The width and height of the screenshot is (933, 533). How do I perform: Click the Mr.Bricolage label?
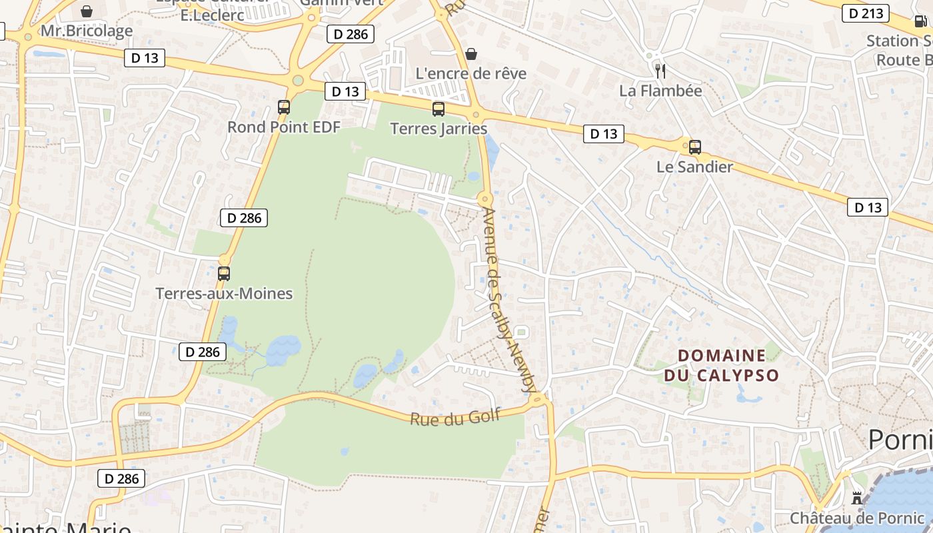coord(87,31)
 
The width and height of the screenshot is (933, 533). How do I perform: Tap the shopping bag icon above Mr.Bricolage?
coord(87,11)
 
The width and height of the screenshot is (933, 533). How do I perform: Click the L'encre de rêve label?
coord(470,73)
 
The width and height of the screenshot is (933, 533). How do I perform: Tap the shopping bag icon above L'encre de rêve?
coord(471,53)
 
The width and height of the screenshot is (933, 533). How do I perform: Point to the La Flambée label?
coord(660,91)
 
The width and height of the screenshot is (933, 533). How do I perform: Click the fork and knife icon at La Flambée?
coord(660,71)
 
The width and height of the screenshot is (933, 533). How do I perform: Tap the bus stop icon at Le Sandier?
coord(695,147)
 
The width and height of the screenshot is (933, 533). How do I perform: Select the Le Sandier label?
coord(694,167)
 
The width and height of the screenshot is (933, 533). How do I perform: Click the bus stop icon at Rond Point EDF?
coord(284,107)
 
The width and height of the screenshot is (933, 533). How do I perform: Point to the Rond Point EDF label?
coord(284,127)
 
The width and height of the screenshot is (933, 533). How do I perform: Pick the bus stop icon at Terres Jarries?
coord(439,109)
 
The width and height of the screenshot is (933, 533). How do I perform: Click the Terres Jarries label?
coord(439,129)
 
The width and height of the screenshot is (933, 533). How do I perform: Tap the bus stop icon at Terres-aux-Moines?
coord(224,273)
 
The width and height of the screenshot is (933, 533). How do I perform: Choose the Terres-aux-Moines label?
coord(224,293)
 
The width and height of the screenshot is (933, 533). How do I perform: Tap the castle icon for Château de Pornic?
coord(857,498)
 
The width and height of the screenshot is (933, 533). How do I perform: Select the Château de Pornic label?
coord(857,518)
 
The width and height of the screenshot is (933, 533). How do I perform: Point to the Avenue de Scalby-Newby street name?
coord(508,300)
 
